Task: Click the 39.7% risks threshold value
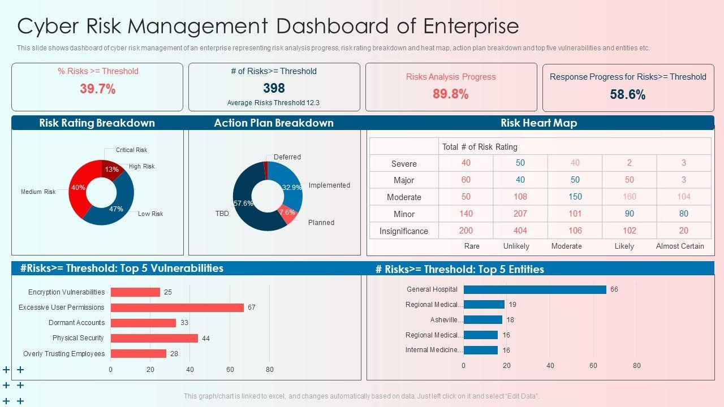click(97, 89)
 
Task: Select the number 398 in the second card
click(274, 88)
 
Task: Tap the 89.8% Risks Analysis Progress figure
click(450, 94)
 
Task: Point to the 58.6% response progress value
click(627, 95)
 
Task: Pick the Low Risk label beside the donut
click(150, 214)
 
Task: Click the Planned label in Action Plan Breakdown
click(321, 223)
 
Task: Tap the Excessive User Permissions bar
click(177, 308)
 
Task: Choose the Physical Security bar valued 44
click(154, 338)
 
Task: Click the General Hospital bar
click(535, 289)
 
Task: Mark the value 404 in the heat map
click(520, 231)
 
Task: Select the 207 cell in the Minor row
click(520, 214)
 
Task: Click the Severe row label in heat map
click(404, 164)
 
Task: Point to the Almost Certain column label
click(680, 246)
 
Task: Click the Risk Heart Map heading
click(538, 123)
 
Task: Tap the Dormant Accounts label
click(76, 323)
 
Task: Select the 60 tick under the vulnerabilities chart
click(230, 370)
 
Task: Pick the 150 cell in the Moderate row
click(575, 197)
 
